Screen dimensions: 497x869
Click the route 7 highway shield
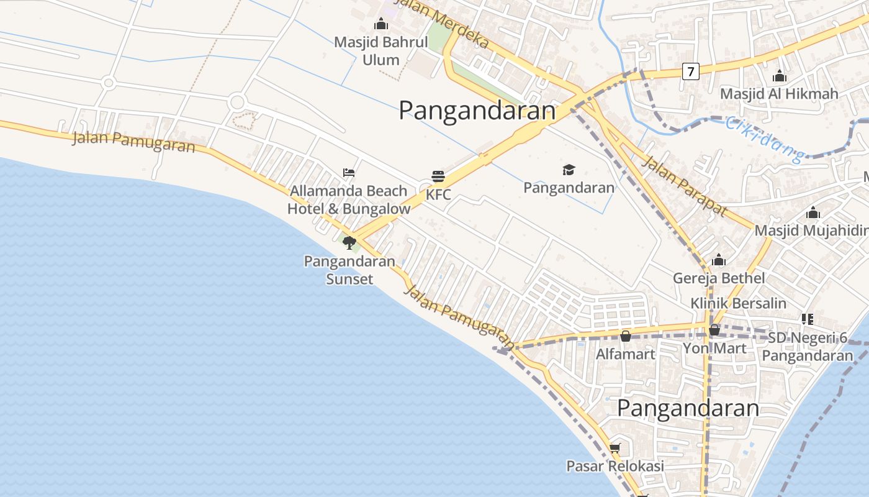point(690,71)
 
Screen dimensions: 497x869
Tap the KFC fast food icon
point(438,176)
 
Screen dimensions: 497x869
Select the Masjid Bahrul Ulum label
point(381,51)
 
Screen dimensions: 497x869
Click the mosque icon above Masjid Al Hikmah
point(780,76)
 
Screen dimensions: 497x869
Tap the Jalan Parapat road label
point(683,186)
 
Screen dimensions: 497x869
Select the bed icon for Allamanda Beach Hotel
point(349,172)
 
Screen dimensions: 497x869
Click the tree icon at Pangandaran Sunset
point(349,242)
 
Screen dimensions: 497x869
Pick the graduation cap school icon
point(569,170)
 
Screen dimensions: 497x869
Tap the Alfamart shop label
point(625,354)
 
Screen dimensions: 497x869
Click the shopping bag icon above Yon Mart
point(714,330)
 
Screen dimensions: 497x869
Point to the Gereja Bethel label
point(719,278)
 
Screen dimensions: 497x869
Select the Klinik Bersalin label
point(738,303)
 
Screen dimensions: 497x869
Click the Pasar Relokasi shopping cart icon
point(615,448)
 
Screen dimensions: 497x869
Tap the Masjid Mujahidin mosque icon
point(813,213)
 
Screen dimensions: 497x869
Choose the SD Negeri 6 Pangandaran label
point(807,347)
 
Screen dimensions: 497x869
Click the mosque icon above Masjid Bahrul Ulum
point(381,24)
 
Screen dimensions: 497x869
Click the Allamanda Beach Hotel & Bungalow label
point(349,199)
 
